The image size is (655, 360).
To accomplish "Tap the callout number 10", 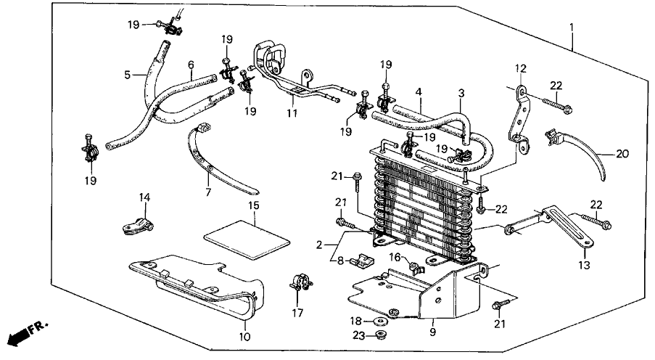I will coord(244,337).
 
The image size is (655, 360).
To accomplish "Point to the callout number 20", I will coord(621,154).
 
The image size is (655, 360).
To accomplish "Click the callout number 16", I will coord(394,257).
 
